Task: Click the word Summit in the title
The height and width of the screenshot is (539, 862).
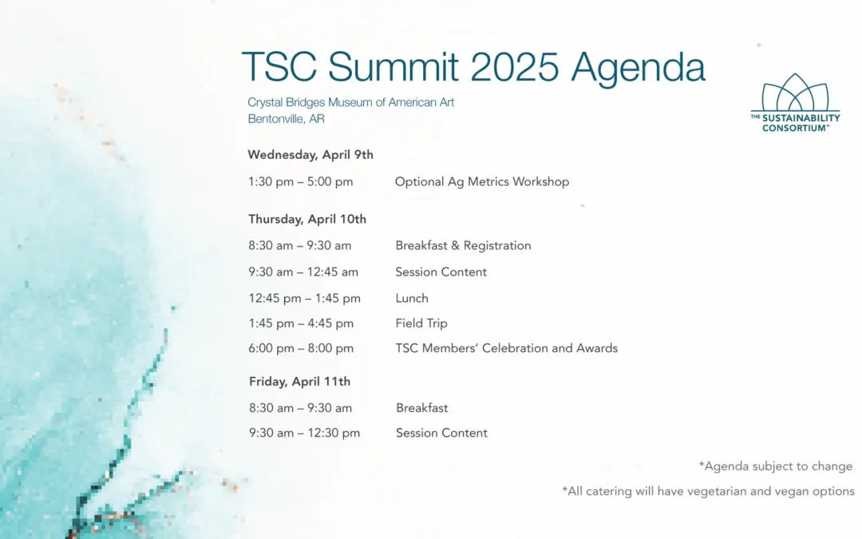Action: click(393, 66)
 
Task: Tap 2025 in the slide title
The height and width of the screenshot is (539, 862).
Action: click(515, 66)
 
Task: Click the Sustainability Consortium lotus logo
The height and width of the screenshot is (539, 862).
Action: click(795, 103)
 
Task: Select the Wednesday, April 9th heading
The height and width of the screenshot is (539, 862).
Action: click(310, 155)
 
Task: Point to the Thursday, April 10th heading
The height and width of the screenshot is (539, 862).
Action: click(306, 219)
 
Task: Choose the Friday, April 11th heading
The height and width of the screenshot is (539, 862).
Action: click(299, 381)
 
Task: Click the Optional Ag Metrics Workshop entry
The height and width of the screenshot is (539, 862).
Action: click(481, 181)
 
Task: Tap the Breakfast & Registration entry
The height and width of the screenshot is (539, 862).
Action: click(463, 245)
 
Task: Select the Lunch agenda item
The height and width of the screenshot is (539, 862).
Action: click(412, 298)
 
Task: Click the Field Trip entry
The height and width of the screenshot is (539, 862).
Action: click(421, 323)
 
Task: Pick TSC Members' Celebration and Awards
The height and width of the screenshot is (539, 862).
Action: click(506, 348)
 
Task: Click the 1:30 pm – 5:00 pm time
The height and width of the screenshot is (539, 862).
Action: click(300, 181)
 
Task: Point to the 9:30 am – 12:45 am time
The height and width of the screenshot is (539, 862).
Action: click(303, 271)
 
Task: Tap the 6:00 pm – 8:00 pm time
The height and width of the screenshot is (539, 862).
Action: click(301, 348)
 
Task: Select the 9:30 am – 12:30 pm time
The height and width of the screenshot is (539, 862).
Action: click(305, 433)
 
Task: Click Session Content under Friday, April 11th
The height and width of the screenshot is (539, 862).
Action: click(441, 433)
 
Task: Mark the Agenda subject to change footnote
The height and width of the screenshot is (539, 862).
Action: click(776, 466)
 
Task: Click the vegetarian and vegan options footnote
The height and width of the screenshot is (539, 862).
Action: click(708, 491)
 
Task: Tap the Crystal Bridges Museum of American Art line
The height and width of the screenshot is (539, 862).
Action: click(350, 102)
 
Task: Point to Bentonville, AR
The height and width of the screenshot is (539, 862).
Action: click(286, 119)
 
